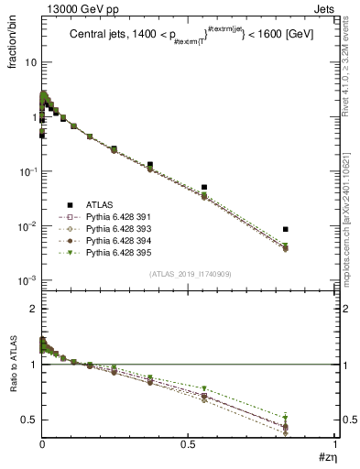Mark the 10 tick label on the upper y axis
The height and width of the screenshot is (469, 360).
click(28, 62)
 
